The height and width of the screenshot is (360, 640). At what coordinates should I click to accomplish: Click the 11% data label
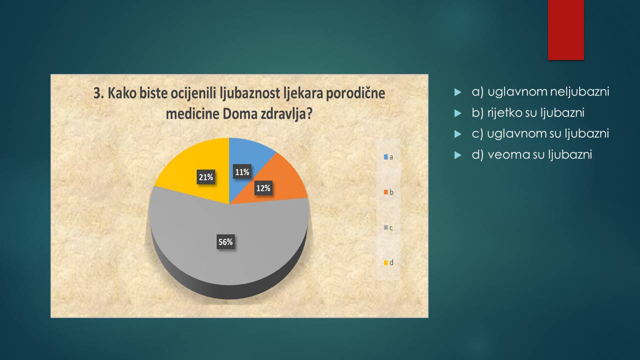pos(242,171)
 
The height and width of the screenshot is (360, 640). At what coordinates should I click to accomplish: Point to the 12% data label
pos(263,188)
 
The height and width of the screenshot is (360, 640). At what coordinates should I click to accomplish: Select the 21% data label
pos(206,177)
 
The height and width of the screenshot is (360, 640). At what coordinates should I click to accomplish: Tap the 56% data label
pos(225,242)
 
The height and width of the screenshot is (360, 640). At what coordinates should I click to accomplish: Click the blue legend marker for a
pos(385,157)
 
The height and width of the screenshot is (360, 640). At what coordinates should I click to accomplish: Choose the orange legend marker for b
pos(385,192)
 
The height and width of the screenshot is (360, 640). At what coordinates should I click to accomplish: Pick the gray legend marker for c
pos(385,227)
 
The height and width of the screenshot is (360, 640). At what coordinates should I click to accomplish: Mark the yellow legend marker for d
pos(385,262)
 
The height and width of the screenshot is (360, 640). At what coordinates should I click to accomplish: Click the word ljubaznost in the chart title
pos(250,93)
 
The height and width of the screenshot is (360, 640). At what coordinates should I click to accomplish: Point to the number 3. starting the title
pos(98,93)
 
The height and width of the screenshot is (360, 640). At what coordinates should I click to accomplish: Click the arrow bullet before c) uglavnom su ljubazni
pos(457,134)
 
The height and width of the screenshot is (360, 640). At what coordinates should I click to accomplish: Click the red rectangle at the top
pos(565,30)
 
